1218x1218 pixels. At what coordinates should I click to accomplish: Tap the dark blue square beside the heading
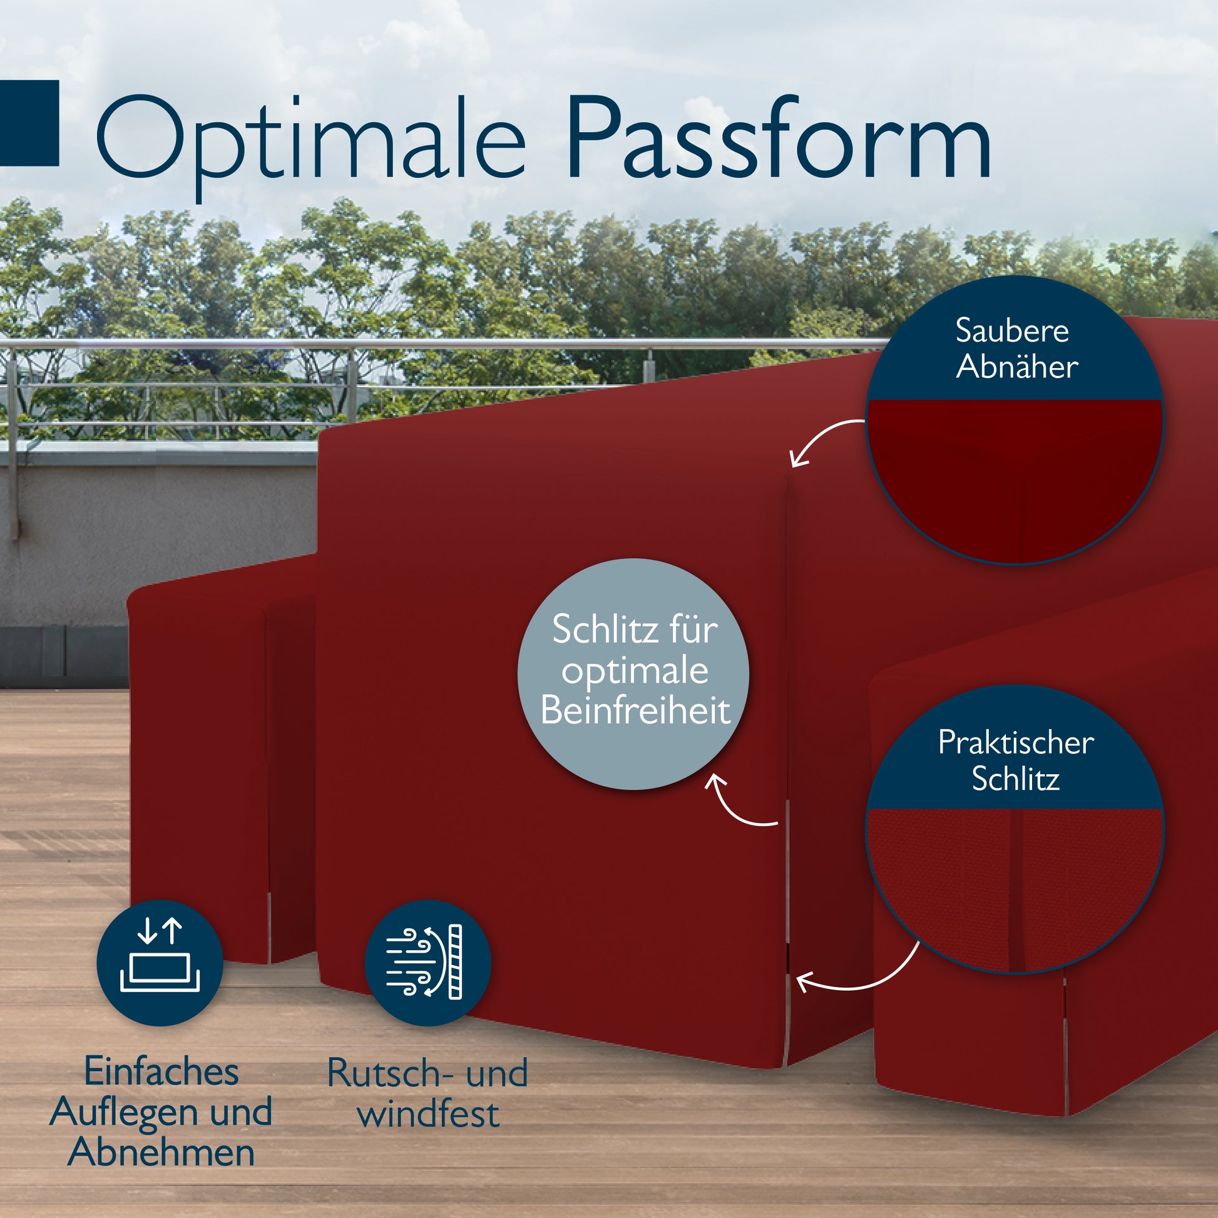pos(28,123)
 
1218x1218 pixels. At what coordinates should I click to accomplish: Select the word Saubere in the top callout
pos(1012,331)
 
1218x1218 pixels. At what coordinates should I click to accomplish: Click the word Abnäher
pos(1017,367)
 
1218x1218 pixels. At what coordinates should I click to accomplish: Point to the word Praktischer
pos(1016,743)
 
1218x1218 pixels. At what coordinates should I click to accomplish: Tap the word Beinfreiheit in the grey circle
pos(635,710)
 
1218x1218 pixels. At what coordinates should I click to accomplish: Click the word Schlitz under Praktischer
pos(1015,779)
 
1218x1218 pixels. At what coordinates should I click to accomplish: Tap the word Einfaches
pos(161,1072)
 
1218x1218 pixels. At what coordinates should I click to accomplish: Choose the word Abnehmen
pos(161,1152)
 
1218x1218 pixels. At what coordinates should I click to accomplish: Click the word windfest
pos(428,1113)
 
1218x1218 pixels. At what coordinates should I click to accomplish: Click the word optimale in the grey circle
pos(635,671)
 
